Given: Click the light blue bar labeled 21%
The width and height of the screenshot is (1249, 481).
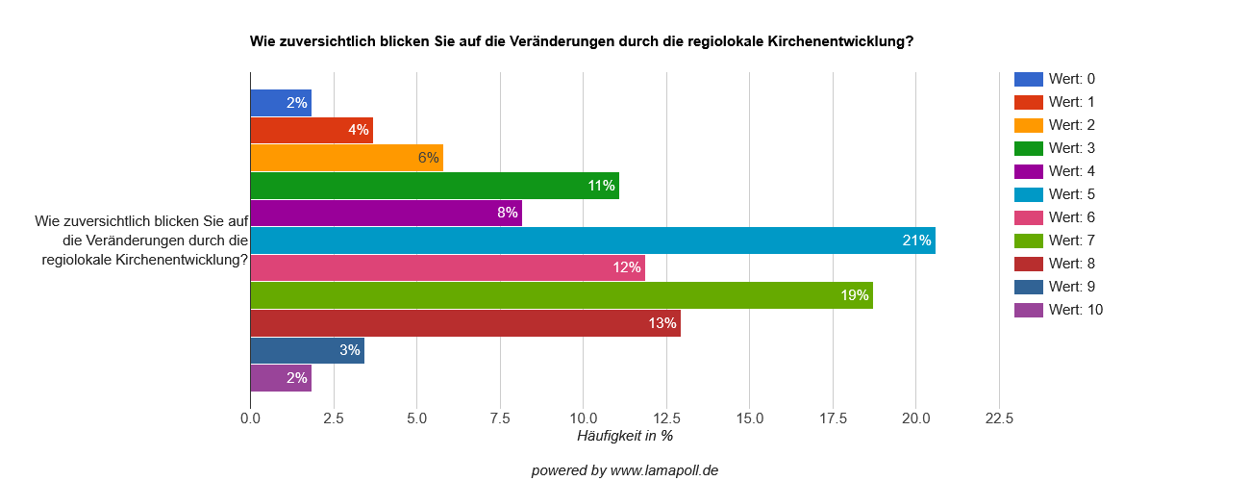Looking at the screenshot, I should tap(592, 240).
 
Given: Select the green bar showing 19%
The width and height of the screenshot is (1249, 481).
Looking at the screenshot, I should tap(562, 295).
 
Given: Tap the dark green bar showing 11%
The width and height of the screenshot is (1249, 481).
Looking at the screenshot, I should tap(435, 186).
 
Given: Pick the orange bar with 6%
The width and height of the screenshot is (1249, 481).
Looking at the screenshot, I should tap(346, 158).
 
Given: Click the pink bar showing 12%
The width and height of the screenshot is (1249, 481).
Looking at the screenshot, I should tap(447, 267).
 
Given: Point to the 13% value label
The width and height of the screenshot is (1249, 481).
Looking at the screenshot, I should tap(662, 323).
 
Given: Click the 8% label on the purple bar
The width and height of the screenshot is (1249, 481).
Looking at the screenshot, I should tap(508, 213).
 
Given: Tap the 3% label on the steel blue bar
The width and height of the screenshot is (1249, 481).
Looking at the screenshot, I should tap(350, 350).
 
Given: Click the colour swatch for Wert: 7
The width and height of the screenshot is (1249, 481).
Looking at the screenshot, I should tap(1029, 240).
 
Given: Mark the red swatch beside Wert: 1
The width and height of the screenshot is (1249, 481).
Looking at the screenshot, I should tap(1029, 102).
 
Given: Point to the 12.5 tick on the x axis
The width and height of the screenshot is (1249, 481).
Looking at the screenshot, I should tap(666, 418).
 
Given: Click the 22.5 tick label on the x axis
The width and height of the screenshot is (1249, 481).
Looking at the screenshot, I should tap(999, 418).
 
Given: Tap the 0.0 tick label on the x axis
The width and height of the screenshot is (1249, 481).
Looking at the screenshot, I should tap(250, 418).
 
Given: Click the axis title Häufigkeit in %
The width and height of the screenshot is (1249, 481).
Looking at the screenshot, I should tap(624, 437).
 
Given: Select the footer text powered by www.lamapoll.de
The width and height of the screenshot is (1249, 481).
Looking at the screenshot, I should tap(624, 470).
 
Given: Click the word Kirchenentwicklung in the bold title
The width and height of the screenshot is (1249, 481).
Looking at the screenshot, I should tap(841, 41).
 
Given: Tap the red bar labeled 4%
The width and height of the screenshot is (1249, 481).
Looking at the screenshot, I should tap(312, 130).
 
